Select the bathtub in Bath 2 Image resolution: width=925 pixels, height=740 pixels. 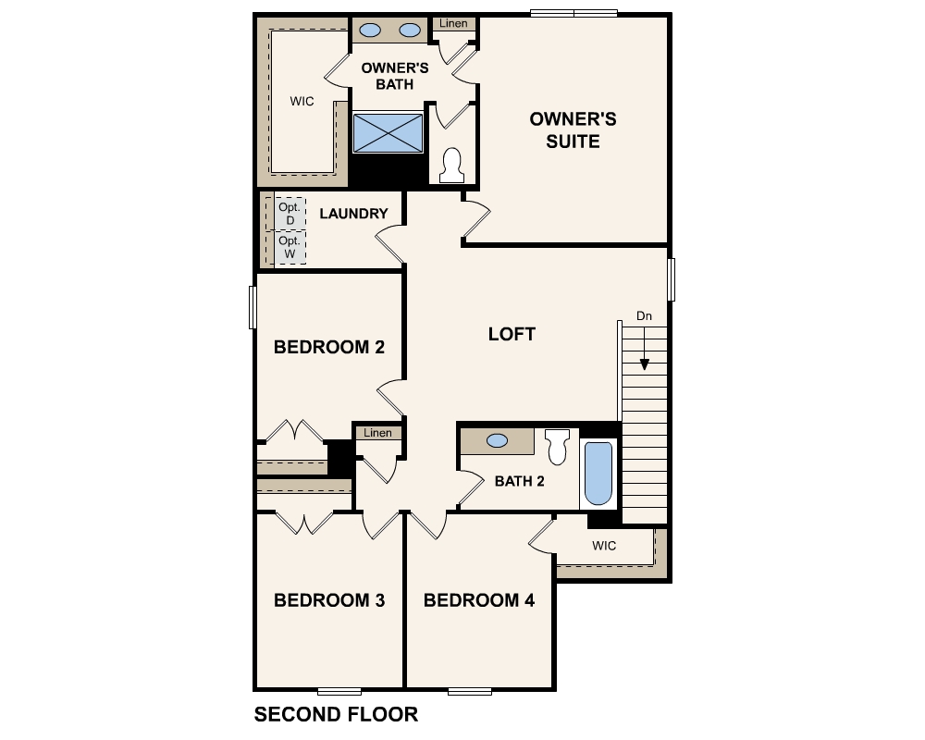[598, 474]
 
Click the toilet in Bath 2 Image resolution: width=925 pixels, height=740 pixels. [557, 447]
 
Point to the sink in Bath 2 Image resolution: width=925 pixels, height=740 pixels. [497, 441]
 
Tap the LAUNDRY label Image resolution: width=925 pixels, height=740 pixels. [353, 214]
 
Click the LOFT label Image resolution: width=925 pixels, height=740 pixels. [512, 334]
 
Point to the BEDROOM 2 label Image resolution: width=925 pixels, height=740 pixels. [329, 347]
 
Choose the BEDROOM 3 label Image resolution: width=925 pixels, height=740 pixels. [329, 600]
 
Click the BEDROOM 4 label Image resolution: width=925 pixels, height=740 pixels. [479, 600]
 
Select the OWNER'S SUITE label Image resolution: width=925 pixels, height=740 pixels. [573, 130]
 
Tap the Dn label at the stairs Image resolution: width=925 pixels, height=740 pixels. [645, 316]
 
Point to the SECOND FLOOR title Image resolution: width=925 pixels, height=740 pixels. [336, 714]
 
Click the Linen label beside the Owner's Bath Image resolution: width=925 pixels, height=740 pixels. [453, 23]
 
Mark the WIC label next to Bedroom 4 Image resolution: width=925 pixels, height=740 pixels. [604, 546]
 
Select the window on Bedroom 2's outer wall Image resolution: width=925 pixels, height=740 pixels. [252, 306]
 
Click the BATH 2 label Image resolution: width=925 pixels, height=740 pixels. [519, 481]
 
